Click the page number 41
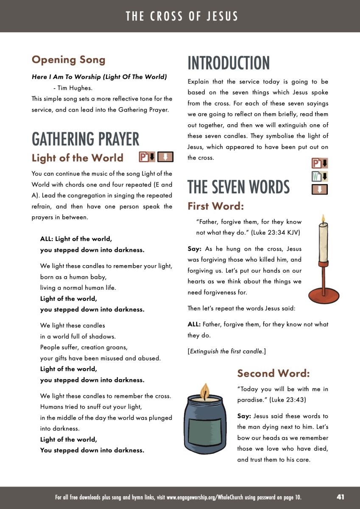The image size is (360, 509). (340, 497)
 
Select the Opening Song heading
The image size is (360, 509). (68, 60)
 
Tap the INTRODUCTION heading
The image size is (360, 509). (229, 63)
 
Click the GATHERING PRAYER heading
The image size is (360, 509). (85, 139)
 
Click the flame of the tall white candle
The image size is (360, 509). (323, 219)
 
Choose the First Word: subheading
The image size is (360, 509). (216, 206)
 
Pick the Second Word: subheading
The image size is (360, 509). (273, 373)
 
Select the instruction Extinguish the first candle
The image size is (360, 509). (227, 351)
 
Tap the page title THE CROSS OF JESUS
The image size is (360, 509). (182, 17)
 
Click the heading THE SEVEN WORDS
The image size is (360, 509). (239, 187)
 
